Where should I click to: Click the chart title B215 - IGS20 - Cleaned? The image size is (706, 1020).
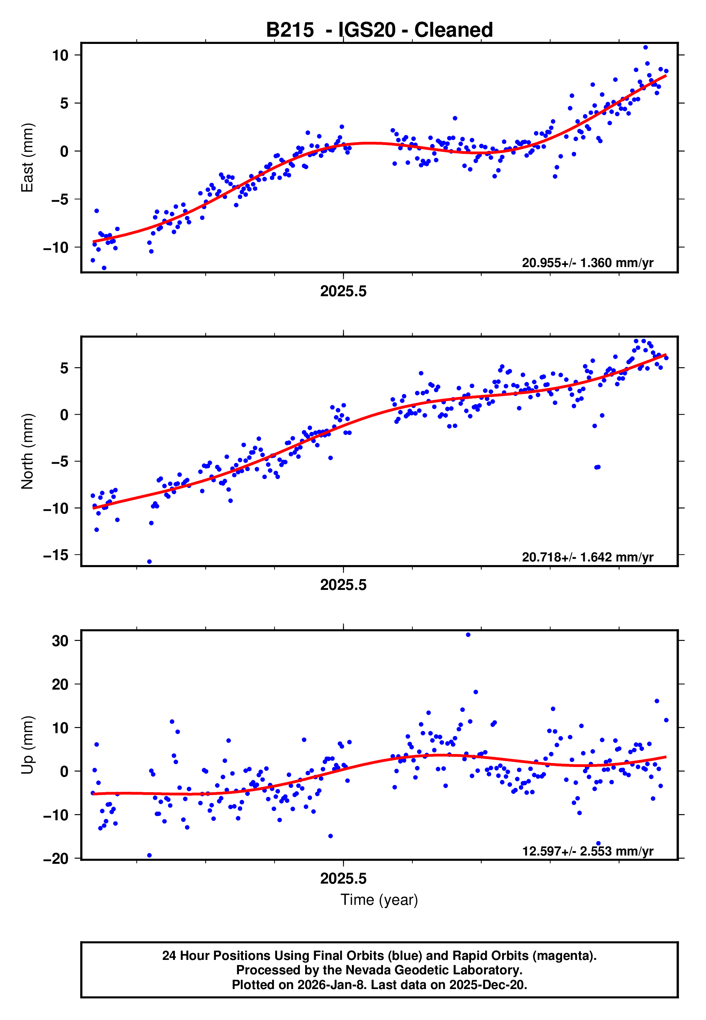(379, 30)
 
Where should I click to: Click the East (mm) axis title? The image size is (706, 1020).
(27, 158)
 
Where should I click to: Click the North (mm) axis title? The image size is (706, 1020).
(27, 451)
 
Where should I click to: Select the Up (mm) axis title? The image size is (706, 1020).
(27, 745)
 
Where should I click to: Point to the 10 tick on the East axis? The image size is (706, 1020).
(60, 55)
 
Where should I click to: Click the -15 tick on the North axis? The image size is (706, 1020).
(56, 555)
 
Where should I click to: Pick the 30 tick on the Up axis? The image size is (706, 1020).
(60, 641)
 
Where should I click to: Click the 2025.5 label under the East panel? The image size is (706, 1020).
(343, 292)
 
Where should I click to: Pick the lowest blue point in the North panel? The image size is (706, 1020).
(150, 562)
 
